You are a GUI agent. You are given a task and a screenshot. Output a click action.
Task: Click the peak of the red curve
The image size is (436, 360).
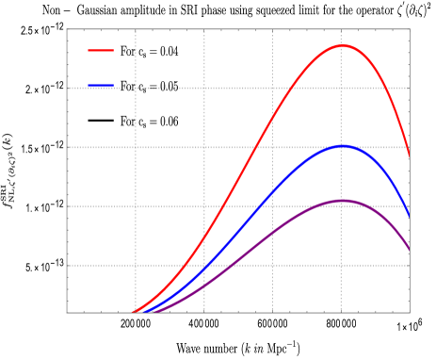343,45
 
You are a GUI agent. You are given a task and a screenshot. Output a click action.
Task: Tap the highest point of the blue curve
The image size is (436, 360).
343,146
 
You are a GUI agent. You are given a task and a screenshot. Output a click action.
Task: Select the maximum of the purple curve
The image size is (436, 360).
343,200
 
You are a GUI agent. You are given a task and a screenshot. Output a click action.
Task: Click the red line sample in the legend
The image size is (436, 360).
101,50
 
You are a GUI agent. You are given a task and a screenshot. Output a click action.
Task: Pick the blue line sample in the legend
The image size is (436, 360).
101,86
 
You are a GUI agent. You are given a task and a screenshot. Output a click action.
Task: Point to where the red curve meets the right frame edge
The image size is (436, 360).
410,156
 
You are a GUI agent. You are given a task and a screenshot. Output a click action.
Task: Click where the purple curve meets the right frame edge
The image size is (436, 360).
410,250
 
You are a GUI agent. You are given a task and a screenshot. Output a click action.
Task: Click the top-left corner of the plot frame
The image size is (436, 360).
67,29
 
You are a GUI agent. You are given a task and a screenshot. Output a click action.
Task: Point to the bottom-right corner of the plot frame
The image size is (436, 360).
410,312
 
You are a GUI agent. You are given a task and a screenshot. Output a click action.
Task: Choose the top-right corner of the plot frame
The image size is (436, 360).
410,29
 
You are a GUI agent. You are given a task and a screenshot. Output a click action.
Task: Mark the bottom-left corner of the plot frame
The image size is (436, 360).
67,312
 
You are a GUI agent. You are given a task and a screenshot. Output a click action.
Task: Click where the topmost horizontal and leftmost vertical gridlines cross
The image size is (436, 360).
136,89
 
